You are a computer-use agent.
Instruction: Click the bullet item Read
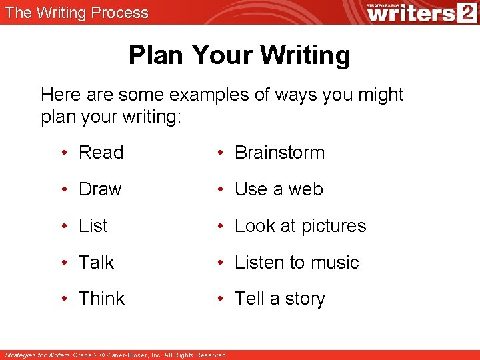pyautogui.click(x=101, y=153)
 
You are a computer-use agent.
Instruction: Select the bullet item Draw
pyautogui.click(x=100, y=189)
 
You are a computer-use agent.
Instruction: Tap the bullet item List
pyautogui.click(x=93, y=226)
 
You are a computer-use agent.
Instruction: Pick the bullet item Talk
pyautogui.click(x=96, y=263)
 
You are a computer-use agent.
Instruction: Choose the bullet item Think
pyautogui.click(x=101, y=299)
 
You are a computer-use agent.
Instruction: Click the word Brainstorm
pyautogui.click(x=279, y=153)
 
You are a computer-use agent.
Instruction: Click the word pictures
pyautogui.click(x=333, y=227)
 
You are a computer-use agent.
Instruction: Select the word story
pyautogui.click(x=305, y=299)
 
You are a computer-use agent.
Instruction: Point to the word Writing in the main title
pyautogui.click(x=305, y=55)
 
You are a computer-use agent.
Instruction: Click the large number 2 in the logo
pyautogui.click(x=465, y=12)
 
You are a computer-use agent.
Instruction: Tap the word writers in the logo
pyautogui.click(x=409, y=13)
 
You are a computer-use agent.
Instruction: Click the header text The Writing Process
pyautogui.click(x=77, y=12)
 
